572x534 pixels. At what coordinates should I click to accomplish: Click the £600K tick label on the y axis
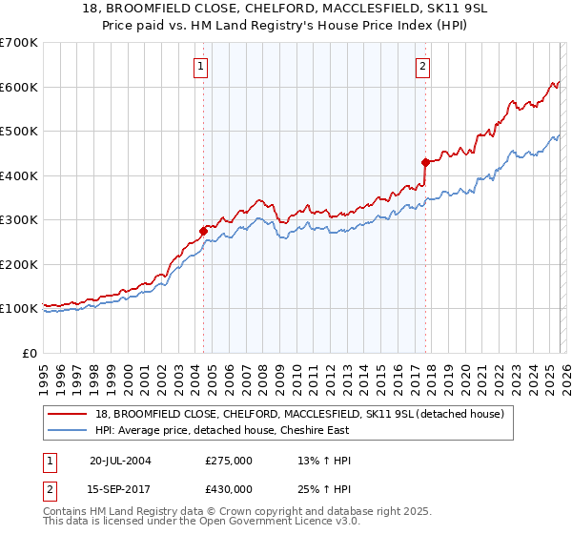tap(19, 87)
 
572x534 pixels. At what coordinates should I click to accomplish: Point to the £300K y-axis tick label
tap(19, 219)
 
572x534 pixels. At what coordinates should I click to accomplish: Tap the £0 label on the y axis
tap(29, 353)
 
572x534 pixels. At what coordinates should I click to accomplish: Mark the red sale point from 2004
tap(204, 231)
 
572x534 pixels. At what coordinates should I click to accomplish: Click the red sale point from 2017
tap(425, 162)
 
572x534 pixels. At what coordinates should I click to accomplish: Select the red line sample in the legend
tap(68, 415)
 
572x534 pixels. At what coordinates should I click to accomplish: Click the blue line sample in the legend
tap(68, 430)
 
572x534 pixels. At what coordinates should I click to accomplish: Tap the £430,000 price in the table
tap(229, 488)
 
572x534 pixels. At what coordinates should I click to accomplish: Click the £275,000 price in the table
tap(229, 461)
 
